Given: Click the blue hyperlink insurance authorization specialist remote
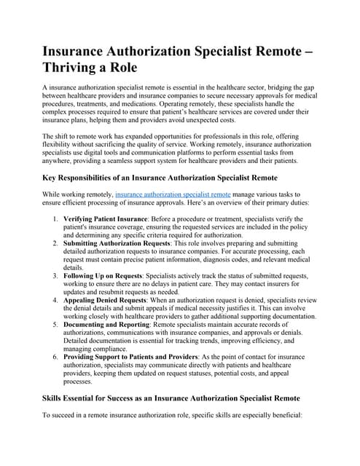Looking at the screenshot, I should pyautogui.click(x=171, y=195).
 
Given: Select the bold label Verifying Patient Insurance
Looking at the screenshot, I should pyautogui.click(x=108, y=218).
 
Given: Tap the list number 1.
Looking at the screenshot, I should pyautogui.click(x=56, y=218).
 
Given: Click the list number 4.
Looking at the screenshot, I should pyautogui.click(x=56, y=299).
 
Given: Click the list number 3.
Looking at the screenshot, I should pyautogui.click(x=56, y=276).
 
